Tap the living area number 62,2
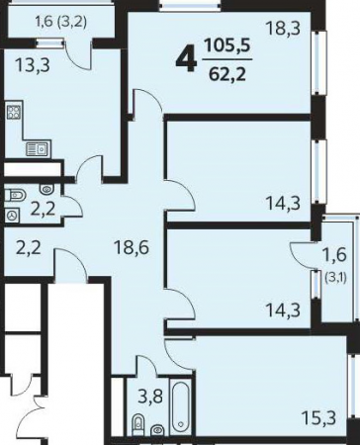[227, 75]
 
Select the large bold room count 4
[187, 60]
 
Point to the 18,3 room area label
[284, 28]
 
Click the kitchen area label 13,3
[34, 65]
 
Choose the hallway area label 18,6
[131, 247]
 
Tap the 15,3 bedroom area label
[318, 418]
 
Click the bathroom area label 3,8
[150, 397]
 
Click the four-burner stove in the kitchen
[14, 111]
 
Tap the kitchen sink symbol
[39, 149]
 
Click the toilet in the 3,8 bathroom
[137, 423]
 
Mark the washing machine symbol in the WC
[13, 216]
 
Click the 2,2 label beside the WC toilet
[43, 209]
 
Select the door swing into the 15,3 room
[178, 354]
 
